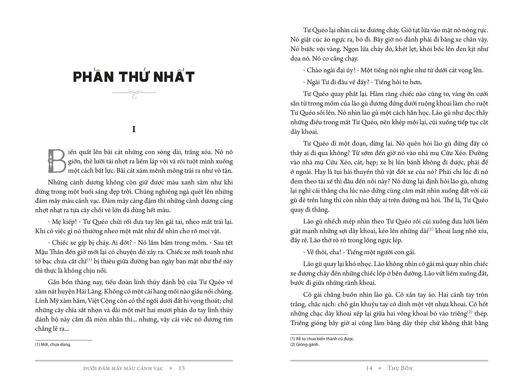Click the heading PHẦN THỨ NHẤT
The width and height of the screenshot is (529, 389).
pyautogui.click(x=134, y=77)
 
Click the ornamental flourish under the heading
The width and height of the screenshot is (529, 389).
pyautogui.click(x=134, y=93)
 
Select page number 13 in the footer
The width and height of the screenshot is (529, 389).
pyautogui.click(x=182, y=368)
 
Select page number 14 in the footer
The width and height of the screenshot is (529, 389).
pyautogui.click(x=369, y=368)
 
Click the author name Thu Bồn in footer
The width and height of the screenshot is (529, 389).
pyautogui.click(x=400, y=368)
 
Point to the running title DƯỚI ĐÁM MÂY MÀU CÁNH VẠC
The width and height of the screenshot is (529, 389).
pyautogui.click(x=126, y=368)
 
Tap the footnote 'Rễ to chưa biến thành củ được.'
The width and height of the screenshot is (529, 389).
pyautogui.click(x=322, y=338)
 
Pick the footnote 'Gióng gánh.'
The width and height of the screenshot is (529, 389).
pyautogui.click(x=305, y=345)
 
